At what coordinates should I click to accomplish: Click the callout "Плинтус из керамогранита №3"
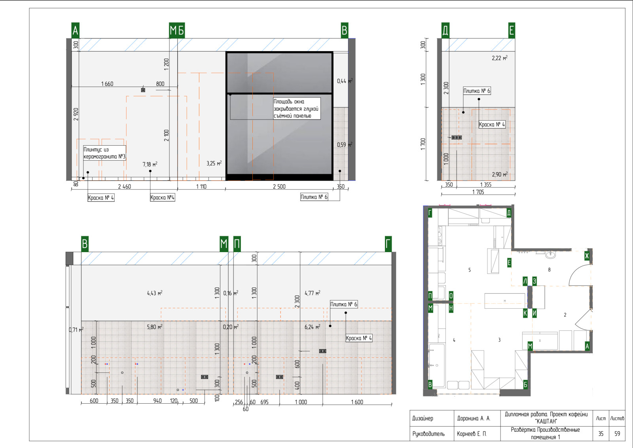coord(104,153)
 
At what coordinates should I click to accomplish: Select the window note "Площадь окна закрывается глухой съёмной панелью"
coord(296,108)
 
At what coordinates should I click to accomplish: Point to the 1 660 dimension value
coord(107,84)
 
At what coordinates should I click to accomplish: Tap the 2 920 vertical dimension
coord(76,114)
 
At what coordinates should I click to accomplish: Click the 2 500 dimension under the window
coord(279,186)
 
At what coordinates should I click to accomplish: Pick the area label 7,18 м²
coord(150,164)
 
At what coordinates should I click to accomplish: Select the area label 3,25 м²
coord(214,163)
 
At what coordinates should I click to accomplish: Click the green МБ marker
coord(177,30)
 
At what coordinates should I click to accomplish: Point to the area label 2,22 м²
coord(500,58)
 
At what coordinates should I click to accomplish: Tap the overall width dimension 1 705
coord(478,192)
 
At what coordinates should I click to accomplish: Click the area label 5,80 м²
coord(154,327)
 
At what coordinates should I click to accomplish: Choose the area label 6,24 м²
coord(312,327)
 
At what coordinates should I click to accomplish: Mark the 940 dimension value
coord(157,401)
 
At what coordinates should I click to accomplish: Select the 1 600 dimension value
coord(357,402)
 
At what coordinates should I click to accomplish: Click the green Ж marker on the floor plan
coord(587,256)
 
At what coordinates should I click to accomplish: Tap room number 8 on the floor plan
coord(550,270)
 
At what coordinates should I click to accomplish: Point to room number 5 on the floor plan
coord(470,270)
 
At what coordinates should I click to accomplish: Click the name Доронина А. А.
coord(474,418)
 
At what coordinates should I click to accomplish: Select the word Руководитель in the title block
coord(428,434)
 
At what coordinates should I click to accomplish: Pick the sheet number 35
coord(601,434)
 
